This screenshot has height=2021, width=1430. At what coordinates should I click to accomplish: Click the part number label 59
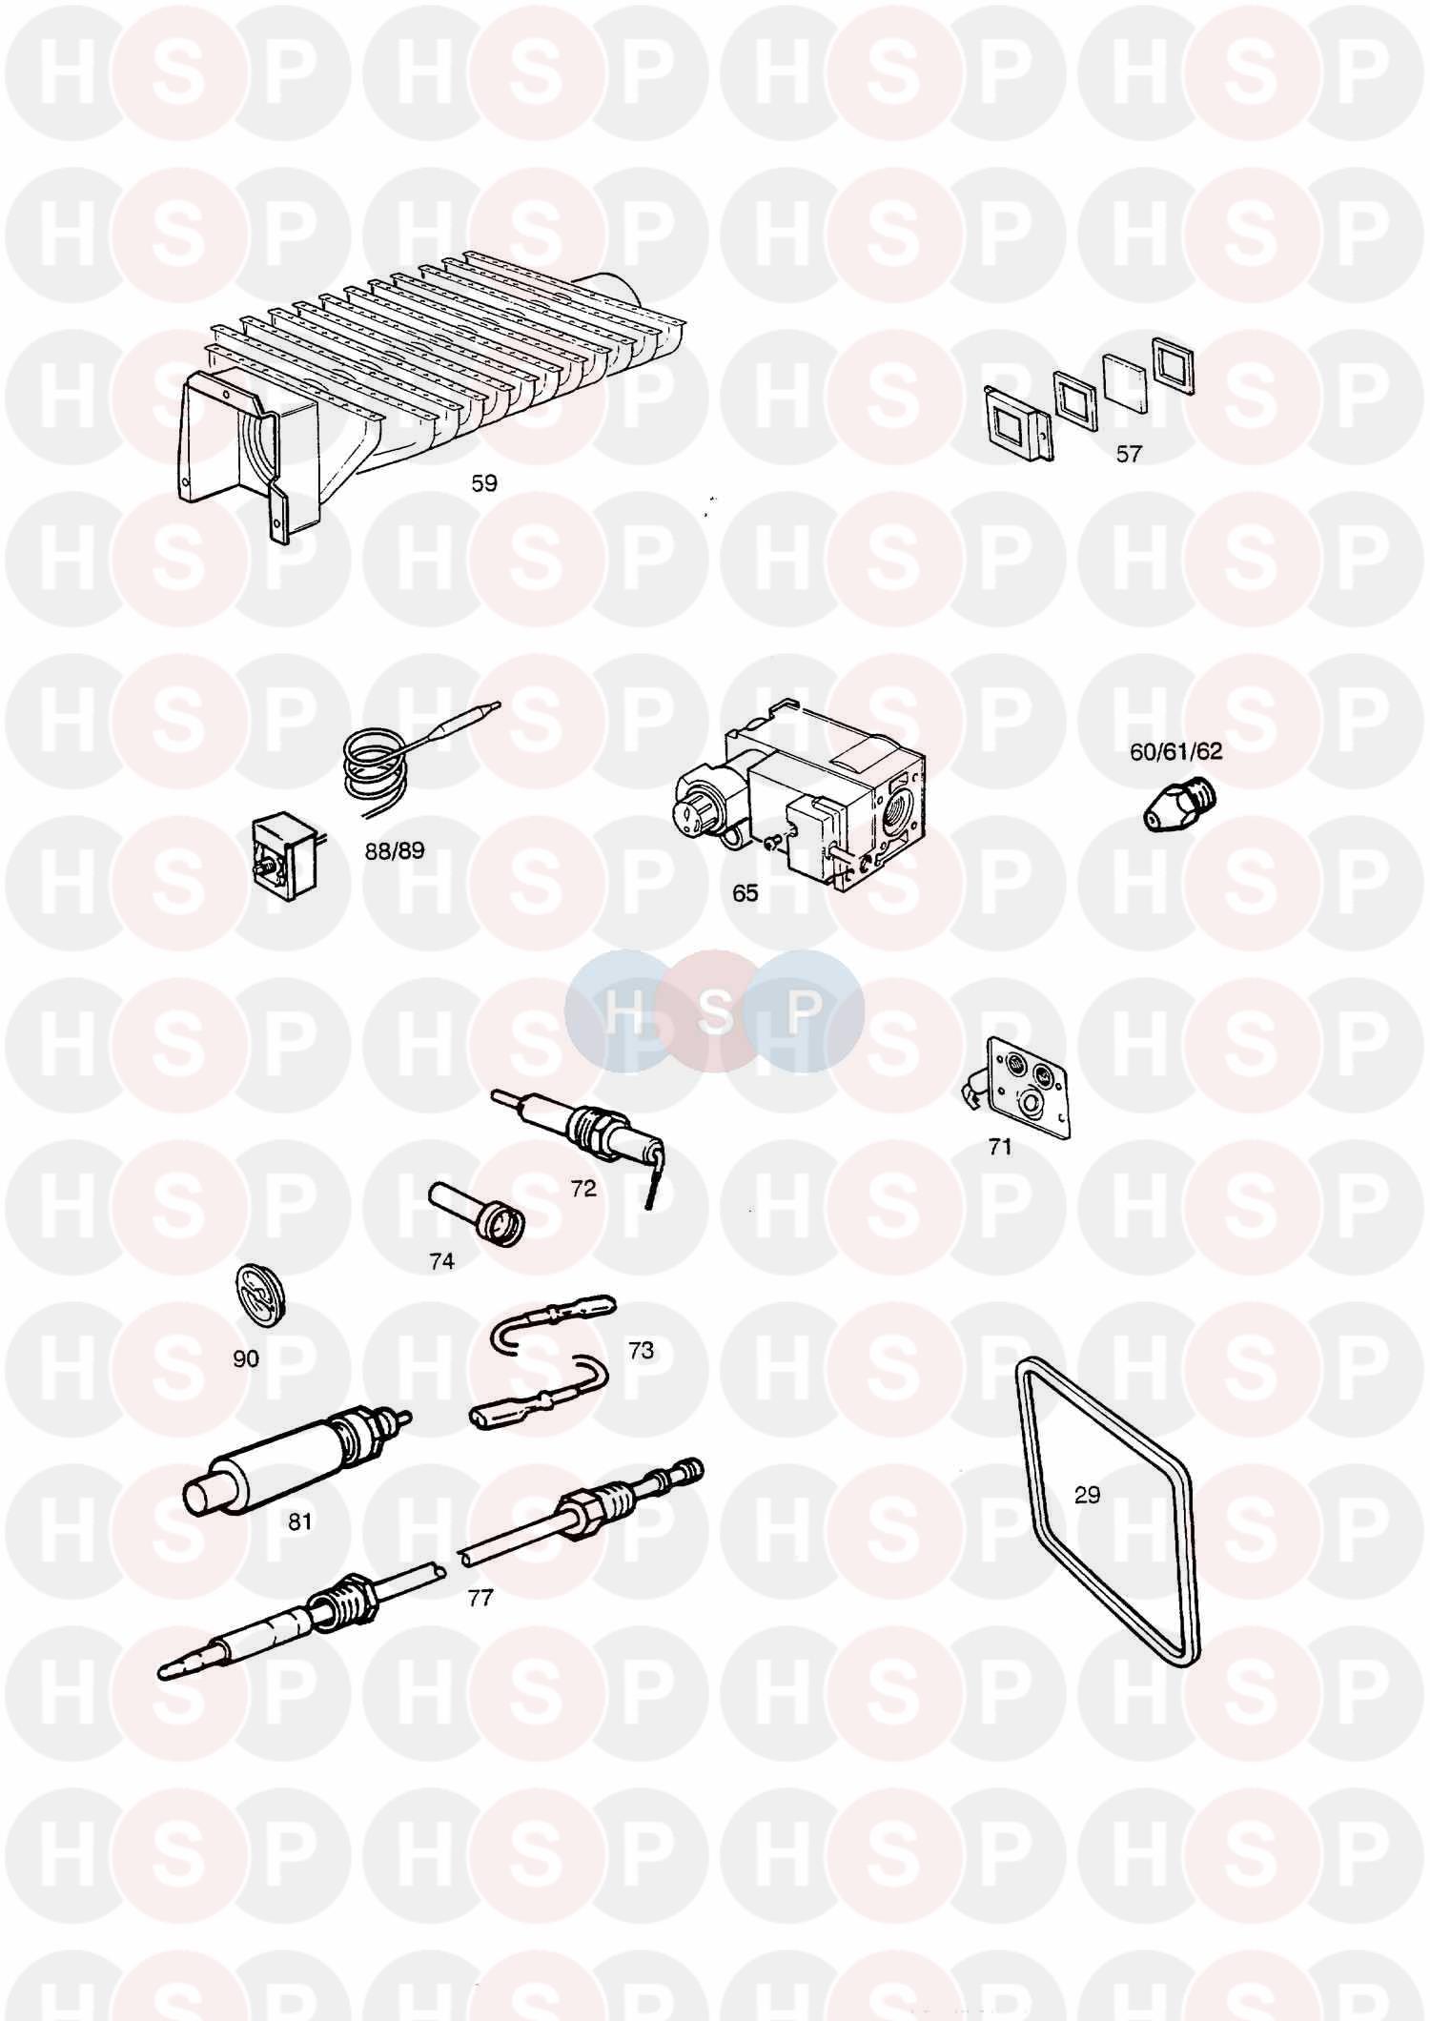(484, 483)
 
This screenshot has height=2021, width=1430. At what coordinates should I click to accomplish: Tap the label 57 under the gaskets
(1129, 454)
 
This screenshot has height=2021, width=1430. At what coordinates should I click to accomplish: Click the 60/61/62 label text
(1175, 751)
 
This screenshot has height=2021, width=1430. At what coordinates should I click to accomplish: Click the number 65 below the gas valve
(745, 893)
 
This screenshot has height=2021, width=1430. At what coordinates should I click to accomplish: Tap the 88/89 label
(394, 851)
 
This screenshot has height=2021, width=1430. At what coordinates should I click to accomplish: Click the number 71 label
(999, 1148)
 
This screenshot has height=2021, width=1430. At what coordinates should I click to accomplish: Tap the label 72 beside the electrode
(582, 1188)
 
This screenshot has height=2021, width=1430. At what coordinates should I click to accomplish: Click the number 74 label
(441, 1261)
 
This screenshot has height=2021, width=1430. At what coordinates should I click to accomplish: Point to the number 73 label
(641, 1350)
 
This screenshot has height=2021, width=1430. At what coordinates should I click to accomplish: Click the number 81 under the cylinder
(299, 1521)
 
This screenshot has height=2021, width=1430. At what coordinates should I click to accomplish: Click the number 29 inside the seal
(1087, 1495)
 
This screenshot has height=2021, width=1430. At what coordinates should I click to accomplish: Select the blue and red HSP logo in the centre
(715, 1010)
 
